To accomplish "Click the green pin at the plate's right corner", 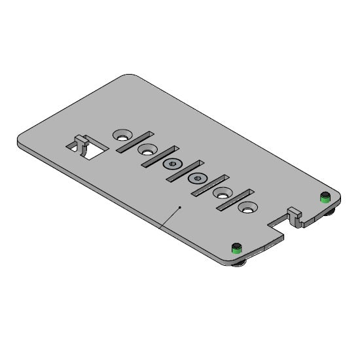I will coord(323,196).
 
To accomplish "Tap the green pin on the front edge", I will coord(236,247).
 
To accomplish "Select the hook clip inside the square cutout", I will coord(81,143).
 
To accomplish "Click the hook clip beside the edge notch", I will coord(295,215).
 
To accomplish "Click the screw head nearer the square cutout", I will coord(171,164).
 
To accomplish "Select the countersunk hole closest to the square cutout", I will coord(121,135).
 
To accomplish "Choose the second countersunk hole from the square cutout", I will coord(146,149).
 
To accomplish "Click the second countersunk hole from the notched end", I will coord(223,194).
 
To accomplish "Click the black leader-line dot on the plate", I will coord(179,207).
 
